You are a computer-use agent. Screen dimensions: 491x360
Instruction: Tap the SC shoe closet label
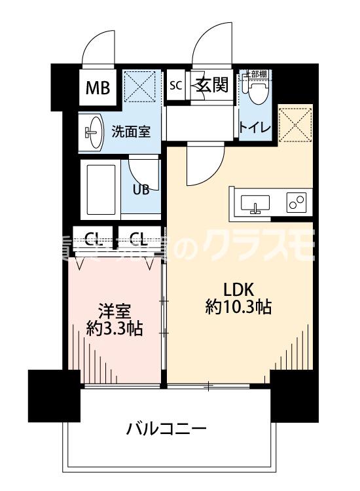click(175, 86)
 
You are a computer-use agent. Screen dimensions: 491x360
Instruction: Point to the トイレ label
click(256, 126)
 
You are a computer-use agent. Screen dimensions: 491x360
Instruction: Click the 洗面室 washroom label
click(130, 130)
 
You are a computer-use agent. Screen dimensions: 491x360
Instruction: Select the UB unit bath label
click(141, 190)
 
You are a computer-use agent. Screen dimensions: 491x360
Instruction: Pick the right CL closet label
click(138, 237)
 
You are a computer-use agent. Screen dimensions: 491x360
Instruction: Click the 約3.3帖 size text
click(115, 327)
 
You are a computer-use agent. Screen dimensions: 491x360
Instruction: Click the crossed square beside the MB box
click(138, 87)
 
